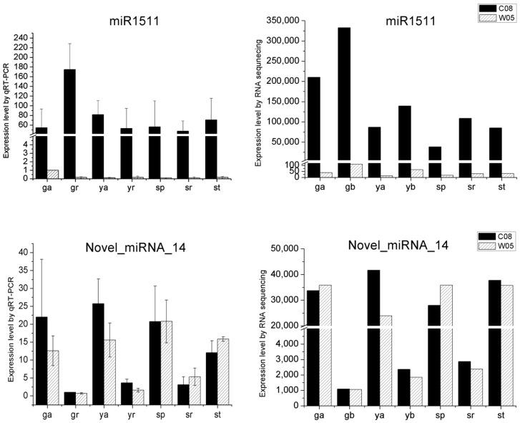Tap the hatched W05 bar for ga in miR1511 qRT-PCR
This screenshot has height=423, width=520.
[x=52, y=174]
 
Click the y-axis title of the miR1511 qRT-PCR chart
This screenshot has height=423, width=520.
[x=6, y=107]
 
